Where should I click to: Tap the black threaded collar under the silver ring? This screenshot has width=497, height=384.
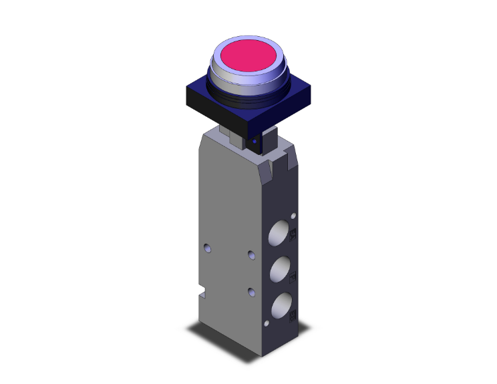(248, 98)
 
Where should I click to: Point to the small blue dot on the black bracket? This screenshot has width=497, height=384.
(255, 142)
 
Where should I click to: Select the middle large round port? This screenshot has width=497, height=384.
(281, 270)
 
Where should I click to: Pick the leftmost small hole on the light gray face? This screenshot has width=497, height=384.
(206, 248)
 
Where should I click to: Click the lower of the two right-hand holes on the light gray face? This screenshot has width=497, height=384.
(251, 291)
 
